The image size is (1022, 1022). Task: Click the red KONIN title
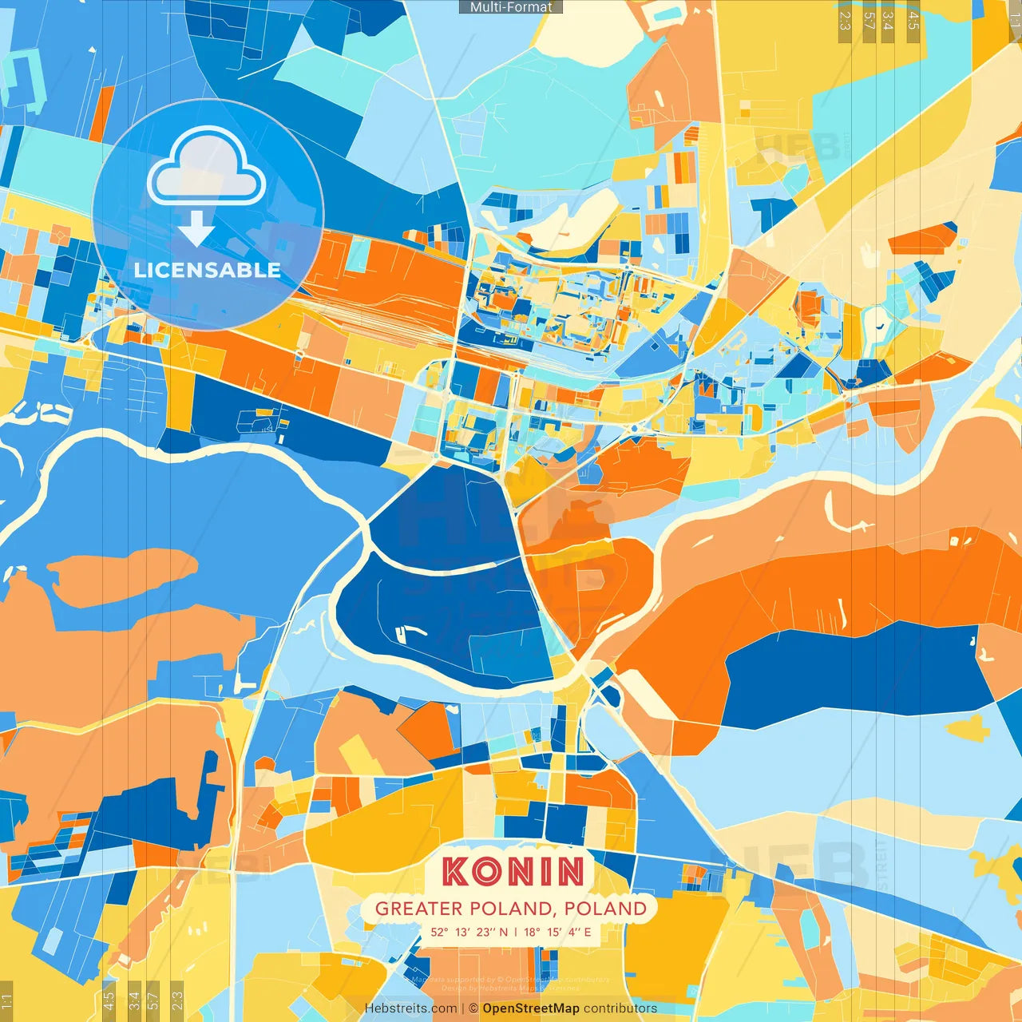click(x=513, y=871)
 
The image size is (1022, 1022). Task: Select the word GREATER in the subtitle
click(x=419, y=909)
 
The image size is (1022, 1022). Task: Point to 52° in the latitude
click(x=439, y=932)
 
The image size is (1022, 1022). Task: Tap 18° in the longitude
click(x=532, y=932)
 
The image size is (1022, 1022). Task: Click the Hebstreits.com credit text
click(x=410, y=1008)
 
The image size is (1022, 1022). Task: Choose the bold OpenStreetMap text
click(x=530, y=1008)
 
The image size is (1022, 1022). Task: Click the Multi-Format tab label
click(x=511, y=7)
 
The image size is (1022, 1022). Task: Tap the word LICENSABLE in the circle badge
click(x=208, y=270)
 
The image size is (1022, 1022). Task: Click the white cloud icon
click(x=207, y=165)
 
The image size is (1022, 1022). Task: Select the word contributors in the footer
click(x=620, y=1008)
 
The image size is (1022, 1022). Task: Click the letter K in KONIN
click(x=456, y=871)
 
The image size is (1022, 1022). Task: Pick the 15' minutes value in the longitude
click(x=554, y=932)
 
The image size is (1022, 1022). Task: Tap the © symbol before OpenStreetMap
click(x=473, y=1008)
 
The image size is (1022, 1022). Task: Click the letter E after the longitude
click(x=588, y=932)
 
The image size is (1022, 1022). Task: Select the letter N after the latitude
click(x=503, y=932)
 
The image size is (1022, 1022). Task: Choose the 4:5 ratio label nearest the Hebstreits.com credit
click(x=109, y=998)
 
